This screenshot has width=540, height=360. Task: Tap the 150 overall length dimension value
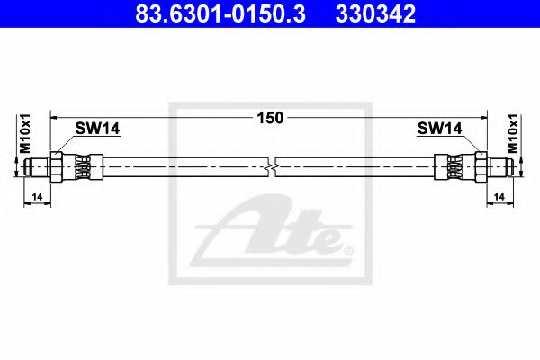269,117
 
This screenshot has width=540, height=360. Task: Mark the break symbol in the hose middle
273,166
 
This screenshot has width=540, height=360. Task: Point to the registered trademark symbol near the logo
348,248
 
